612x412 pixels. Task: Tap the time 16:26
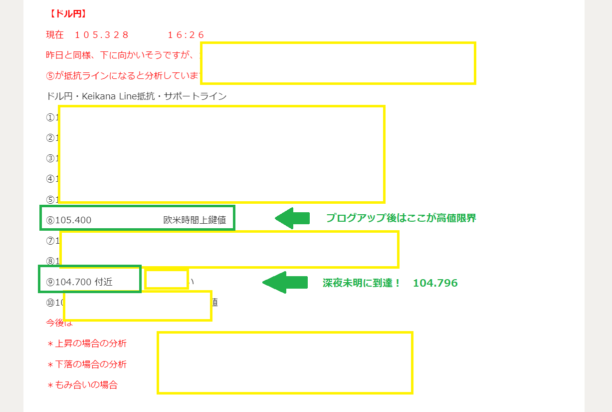[x=186, y=35]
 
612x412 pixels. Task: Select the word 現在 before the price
[x=55, y=35]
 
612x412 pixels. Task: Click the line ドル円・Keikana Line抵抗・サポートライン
[x=136, y=96]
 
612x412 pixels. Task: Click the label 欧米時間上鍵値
[x=195, y=220]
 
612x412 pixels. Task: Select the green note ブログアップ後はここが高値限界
[x=401, y=218]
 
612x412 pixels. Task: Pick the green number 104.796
[x=435, y=283]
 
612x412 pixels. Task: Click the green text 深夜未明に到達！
[x=362, y=283]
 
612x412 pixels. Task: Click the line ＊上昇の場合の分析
[x=87, y=344]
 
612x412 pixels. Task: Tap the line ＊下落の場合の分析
[x=87, y=365]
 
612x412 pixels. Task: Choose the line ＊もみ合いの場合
[x=82, y=385]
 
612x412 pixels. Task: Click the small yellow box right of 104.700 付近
[x=166, y=279]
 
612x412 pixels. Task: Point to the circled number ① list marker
[x=50, y=118]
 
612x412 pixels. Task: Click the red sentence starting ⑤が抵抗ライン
[x=122, y=76]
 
